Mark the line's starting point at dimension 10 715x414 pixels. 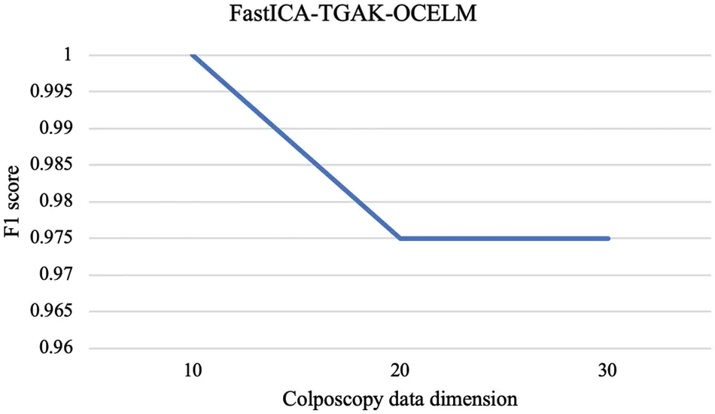pos(193,55)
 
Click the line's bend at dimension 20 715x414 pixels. pos(400,239)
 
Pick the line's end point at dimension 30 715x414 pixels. pos(608,239)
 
